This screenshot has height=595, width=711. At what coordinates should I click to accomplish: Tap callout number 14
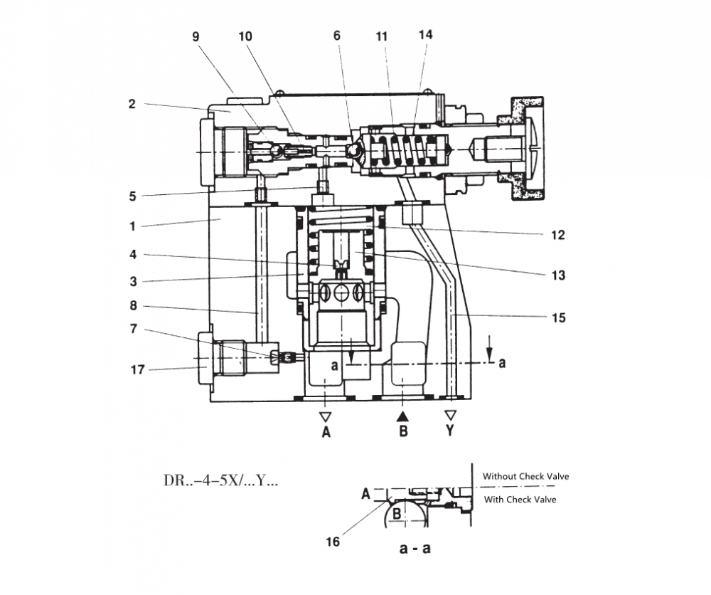[426, 34]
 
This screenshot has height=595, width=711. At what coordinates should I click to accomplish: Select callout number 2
[132, 103]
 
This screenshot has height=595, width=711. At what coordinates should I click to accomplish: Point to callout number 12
[558, 236]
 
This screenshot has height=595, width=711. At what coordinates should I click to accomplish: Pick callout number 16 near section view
[332, 542]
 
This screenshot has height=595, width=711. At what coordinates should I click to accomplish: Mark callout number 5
[132, 196]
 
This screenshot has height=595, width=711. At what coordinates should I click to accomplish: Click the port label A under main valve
[326, 431]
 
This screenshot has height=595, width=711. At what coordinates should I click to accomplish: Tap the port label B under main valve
[403, 431]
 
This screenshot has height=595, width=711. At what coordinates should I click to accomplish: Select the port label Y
[449, 431]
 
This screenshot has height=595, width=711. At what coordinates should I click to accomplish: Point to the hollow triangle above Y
[449, 415]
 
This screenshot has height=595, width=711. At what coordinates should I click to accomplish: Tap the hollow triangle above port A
[326, 415]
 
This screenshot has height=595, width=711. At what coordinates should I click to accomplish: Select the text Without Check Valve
[525, 476]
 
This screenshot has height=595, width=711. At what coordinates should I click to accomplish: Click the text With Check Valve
[520, 500]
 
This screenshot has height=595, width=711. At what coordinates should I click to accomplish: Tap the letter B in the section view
[397, 510]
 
